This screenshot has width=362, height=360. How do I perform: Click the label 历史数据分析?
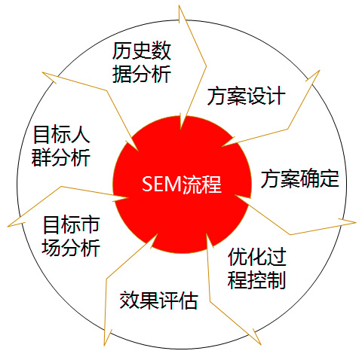[142, 63]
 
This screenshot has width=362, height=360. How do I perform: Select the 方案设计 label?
[247, 96]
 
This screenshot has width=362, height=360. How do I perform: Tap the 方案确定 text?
[300, 178]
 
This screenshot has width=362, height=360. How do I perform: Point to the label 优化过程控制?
[257, 268]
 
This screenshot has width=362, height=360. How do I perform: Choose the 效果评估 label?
[159, 301]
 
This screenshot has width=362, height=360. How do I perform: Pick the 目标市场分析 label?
[71, 236]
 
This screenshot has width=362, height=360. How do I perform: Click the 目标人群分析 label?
[61, 146]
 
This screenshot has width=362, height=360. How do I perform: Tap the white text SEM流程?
[182, 185]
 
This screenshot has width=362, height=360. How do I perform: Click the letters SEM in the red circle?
[161, 184]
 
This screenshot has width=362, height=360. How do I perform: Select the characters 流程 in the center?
[202, 185]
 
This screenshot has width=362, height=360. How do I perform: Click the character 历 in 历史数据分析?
[122, 51]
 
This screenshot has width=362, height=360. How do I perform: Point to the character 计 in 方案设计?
[276, 96]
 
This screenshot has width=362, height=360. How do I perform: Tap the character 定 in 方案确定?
[330, 178]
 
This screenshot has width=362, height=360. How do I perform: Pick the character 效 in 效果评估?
[129, 301]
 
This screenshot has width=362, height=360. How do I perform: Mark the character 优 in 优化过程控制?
[238, 257]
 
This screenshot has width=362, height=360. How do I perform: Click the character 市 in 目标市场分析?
[90, 224]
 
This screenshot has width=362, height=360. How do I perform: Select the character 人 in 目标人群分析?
[81, 135]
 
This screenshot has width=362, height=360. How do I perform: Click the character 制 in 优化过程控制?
[277, 280]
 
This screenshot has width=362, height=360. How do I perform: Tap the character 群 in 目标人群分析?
[41, 157]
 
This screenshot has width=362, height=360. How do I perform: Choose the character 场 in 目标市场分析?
[51, 248]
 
